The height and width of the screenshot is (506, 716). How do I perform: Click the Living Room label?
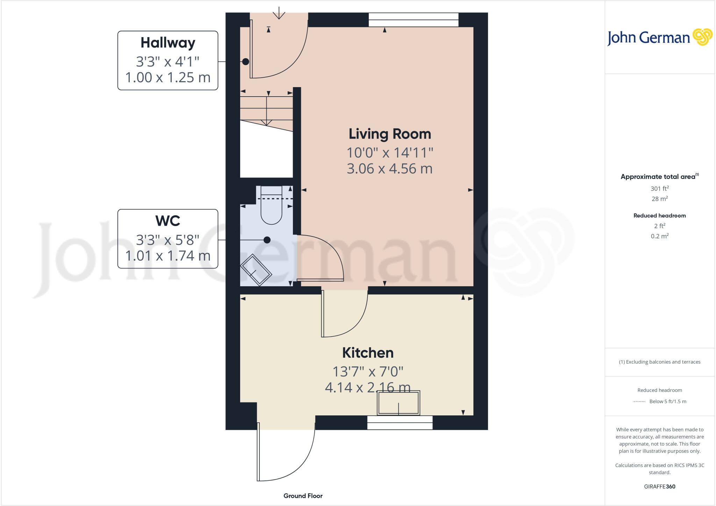click(389, 134)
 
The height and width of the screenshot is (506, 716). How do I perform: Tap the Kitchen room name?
click(368, 353)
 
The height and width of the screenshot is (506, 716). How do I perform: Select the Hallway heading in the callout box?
click(168, 43)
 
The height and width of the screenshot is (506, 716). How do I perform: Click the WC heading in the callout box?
click(168, 221)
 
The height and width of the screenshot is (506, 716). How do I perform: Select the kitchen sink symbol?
click(398, 403)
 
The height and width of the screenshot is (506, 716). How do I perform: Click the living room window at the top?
click(414, 20)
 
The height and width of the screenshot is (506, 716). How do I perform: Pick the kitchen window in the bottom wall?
click(400, 423)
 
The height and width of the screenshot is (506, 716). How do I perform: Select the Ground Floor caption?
click(303, 496)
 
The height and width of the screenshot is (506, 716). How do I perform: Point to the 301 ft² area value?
click(659, 189)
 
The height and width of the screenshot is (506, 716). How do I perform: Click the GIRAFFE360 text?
click(659, 486)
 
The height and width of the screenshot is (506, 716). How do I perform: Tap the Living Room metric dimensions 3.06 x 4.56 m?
click(389, 169)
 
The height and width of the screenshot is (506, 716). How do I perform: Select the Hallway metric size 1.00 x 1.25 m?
click(168, 77)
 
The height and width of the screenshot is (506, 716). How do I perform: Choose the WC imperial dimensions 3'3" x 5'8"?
click(168, 240)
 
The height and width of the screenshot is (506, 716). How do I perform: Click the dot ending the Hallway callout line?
click(246, 62)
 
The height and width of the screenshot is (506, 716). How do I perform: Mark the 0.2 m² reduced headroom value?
click(659, 236)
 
